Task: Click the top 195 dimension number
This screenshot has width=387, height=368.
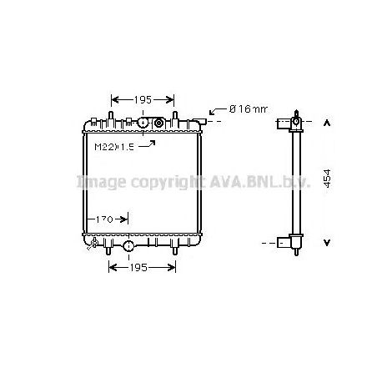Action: tap(143, 99)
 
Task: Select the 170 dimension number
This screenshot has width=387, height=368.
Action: tap(104, 220)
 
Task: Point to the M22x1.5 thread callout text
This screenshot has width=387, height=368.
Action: tap(113, 148)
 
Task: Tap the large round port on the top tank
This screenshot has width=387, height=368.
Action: tap(143, 123)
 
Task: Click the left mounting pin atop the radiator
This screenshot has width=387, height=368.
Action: tap(111, 113)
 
